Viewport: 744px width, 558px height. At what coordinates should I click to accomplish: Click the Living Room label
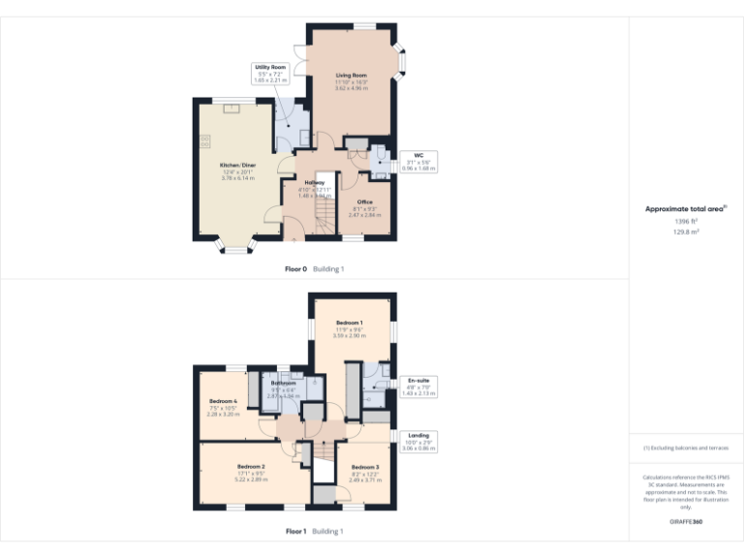click(352, 75)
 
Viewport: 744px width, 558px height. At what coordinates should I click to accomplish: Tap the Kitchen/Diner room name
click(237, 166)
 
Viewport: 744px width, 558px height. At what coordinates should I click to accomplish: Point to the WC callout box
click(418, 161)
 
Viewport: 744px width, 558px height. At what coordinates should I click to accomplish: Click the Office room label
click(364, 202)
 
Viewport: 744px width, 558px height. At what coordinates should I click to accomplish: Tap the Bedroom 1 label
click(350, 323)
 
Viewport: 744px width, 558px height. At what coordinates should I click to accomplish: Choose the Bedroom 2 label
click(251, 466)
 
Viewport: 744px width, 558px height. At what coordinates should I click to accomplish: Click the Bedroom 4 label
click(223, 401)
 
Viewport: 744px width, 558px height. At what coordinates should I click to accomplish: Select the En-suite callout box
click(418, 385)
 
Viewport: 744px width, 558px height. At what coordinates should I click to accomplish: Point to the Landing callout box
click(418, 440)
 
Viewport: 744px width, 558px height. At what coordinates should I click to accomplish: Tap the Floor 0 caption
click(295, 268)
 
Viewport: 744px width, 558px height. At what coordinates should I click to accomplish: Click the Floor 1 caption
click(295, 531)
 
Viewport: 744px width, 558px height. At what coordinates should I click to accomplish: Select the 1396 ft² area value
click(686, 222)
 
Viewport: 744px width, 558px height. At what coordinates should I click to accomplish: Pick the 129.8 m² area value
click(686, 232)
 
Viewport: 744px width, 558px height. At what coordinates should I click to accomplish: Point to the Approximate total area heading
click(685, 208)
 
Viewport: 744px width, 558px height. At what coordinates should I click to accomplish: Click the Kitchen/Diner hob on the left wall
click(205, 141)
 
